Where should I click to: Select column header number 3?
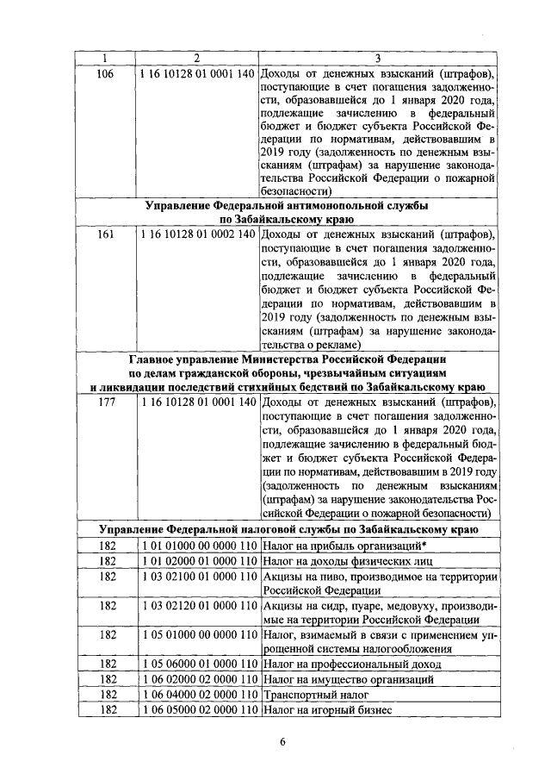[x=378, y=58]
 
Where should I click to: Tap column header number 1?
[x=106, y=58]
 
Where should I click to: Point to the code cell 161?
[x=106, y=234]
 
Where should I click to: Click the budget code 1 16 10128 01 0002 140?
[x=196, y=234]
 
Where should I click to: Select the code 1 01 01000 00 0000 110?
[x=196, y=546]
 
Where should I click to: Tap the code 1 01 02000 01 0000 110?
[x=196, y=561]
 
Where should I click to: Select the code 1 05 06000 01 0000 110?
[x=196, y=665]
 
